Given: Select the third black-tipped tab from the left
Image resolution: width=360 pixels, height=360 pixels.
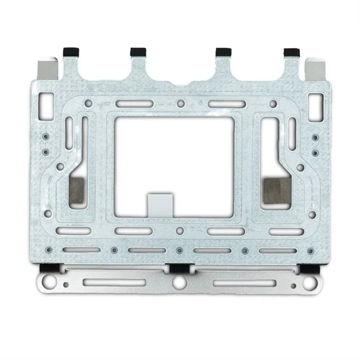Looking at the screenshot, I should (x=223, y=51).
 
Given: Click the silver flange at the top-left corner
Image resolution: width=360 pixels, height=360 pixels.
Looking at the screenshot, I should (x=47, y=67).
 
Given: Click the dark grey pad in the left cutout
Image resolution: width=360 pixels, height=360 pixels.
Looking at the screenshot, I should (x=76, y=189).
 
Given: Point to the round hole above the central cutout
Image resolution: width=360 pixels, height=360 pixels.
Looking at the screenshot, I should (x=180, y=104).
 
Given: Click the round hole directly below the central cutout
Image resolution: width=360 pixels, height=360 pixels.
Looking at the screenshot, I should (x=180, y=231).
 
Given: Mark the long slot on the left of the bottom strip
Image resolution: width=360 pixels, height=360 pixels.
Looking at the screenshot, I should (x=113, y=282).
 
